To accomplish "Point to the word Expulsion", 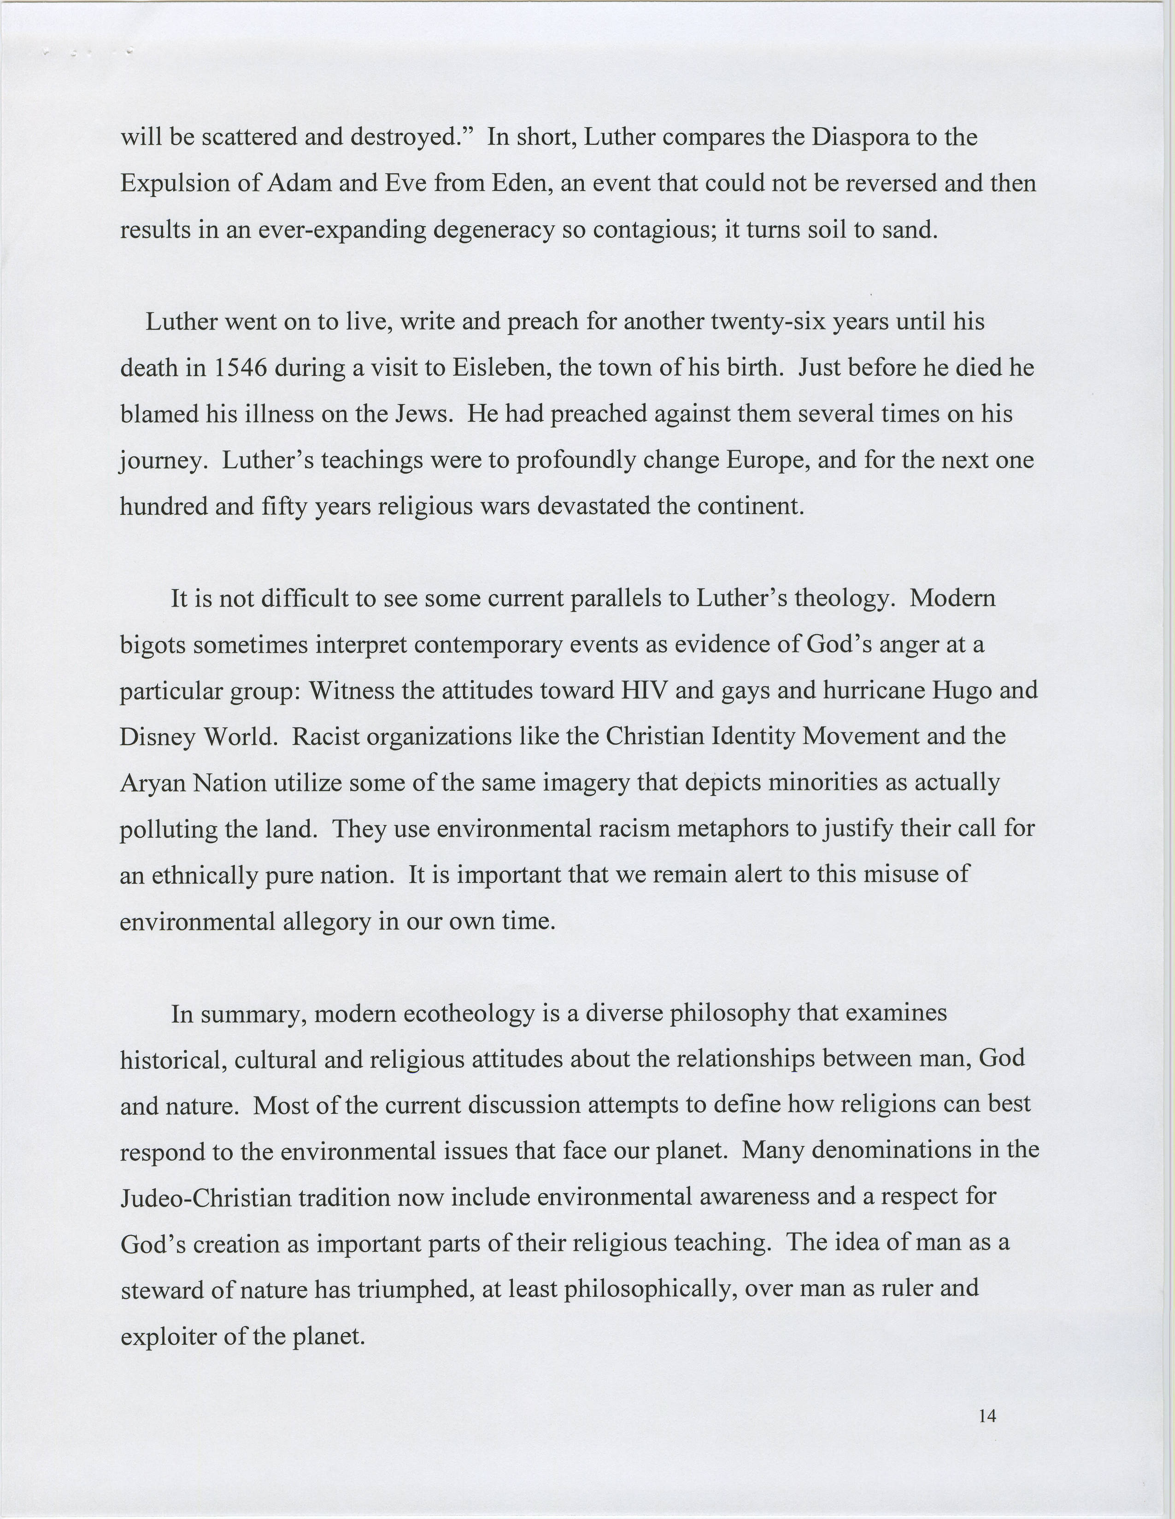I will tap(173, 183).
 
